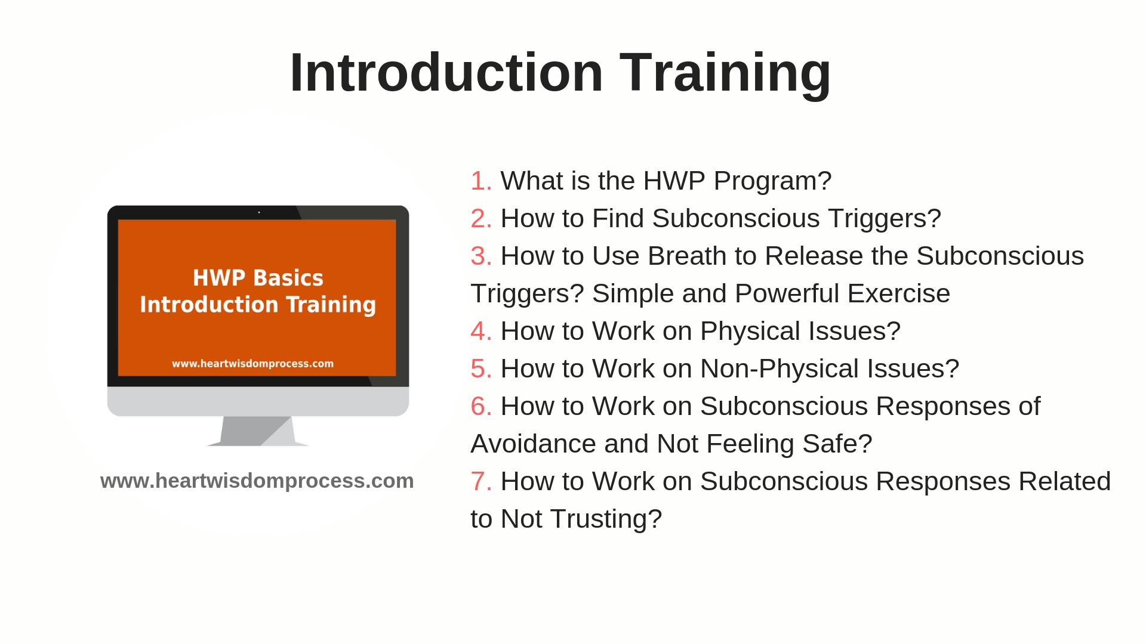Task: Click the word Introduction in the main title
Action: click(x=446, y=72)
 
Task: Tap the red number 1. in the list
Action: click(x=481, y=181)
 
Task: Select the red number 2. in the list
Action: click(x=481, y=218)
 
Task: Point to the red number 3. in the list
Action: click(x=481, y=256)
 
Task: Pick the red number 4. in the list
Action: click(x=481, y=331)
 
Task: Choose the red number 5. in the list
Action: click(x=481, y=369)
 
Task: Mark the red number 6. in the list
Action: click(x=481, y=406)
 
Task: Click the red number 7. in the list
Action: click(x=481, y=481)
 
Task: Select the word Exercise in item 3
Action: click(x=898, y=293)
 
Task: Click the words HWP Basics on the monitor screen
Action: click(x=258, y=278)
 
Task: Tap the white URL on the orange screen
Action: click(x=252, y=364)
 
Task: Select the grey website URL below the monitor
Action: click(x=257, y=481)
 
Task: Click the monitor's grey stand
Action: click(x=258, y=431)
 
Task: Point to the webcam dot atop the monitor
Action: click(x=259, y=212)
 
